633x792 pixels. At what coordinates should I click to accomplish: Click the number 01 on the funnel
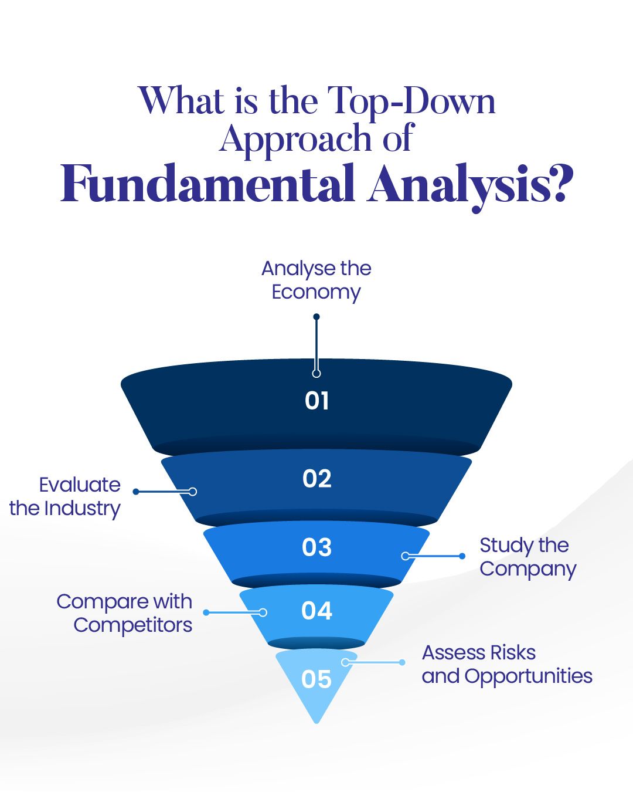click(316, 401)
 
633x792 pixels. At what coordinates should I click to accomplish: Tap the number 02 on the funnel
click(316, 479)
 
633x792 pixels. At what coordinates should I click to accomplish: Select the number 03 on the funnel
click(316, 547)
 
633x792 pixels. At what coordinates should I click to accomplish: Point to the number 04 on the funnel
click(316, 611)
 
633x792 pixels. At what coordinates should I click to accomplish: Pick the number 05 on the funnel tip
click(316, 679)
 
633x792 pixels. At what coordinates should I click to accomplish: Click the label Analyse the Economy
click(316, 281)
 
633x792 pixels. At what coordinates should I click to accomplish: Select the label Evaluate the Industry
click(65, 497)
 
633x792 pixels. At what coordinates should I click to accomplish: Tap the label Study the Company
click(528, 558)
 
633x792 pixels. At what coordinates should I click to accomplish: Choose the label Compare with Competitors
click(124, 614)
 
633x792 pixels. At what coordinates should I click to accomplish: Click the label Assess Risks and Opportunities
click(507, 665)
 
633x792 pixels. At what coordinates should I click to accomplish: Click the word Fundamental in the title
click(208, 183)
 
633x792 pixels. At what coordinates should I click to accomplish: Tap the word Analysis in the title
click(460, 188)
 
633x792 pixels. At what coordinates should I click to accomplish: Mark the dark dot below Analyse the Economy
click(316, 317)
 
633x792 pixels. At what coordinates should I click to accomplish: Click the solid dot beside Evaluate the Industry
click(136, 492)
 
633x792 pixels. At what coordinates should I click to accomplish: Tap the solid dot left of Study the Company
click(462, 556)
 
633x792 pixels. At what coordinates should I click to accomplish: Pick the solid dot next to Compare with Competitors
click(206, 612)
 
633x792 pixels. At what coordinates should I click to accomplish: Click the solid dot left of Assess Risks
click(403, 662)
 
